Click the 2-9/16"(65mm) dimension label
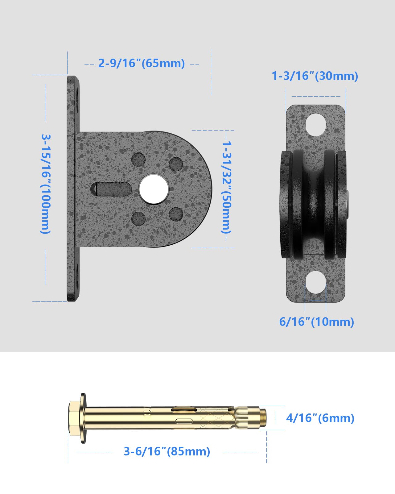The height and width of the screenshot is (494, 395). click(x=142, y=63)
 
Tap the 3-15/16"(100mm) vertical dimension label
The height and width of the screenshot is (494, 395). click(x=46, y=184)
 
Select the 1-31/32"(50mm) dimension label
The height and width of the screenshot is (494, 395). click(x=226, y=187)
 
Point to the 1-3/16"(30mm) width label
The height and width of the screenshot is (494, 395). click(x=315, y=76)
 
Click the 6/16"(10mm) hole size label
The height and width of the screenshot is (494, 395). click(x=316, y=322)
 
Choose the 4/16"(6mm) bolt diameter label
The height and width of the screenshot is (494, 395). click(x=320, y=418)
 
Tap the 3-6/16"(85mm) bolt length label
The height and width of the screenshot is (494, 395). click(x=167, y=451)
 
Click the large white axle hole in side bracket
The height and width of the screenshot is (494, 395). click(x=154, y=189)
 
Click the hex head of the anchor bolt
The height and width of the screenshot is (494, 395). click(x=74, y=418)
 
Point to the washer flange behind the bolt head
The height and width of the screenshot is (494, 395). click(x=83, y=418)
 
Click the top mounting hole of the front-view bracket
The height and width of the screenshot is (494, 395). click(x=316, y=125)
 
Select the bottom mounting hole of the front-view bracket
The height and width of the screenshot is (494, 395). click(x=316, y=282)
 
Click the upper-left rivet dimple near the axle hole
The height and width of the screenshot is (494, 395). click(x=138, y=160)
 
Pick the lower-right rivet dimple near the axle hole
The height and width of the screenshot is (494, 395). click(x=176, y=214)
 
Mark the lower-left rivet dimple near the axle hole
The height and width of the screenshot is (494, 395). click(x=138, y=218)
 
